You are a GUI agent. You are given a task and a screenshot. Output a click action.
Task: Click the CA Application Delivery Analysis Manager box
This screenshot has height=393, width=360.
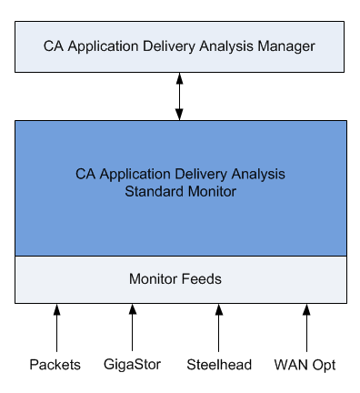pyautogui.click(x=180, y=45)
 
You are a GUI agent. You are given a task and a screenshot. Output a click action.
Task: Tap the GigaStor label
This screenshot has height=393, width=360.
pyautogui.click(x=132, y=365)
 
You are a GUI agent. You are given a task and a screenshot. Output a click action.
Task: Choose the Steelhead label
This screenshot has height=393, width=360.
pyautogui.click(x=218, y=365)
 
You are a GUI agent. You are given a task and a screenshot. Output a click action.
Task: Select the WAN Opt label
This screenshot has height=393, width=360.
pyautogui.click(x=305, y=365)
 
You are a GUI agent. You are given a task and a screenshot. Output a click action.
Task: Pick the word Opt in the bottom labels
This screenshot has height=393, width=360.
pyautogui.click(x=325, y=366)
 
